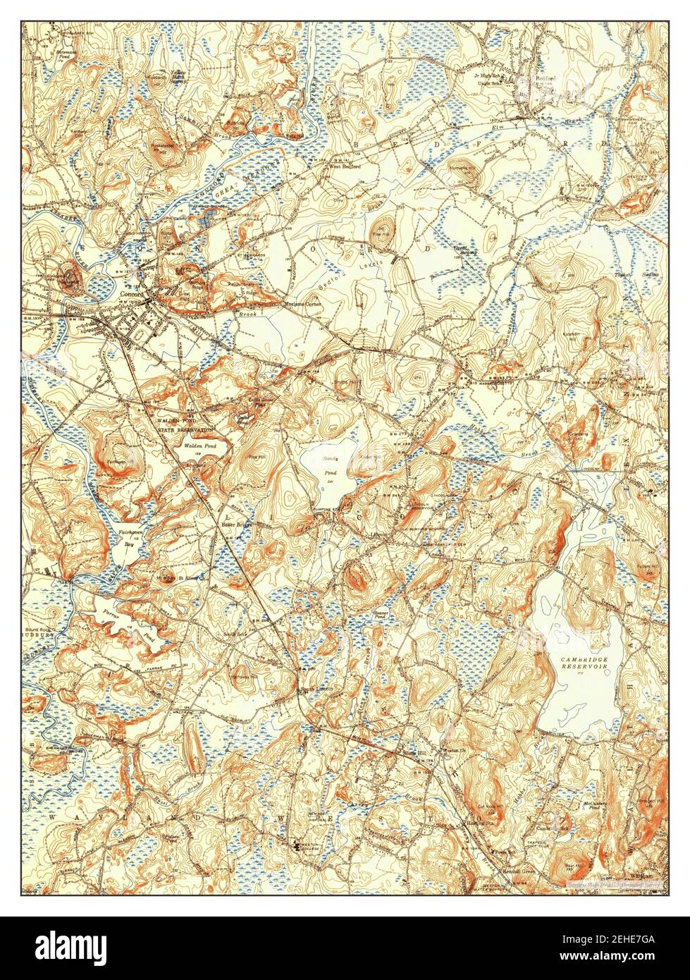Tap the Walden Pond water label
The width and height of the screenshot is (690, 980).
[x=200, y=447]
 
